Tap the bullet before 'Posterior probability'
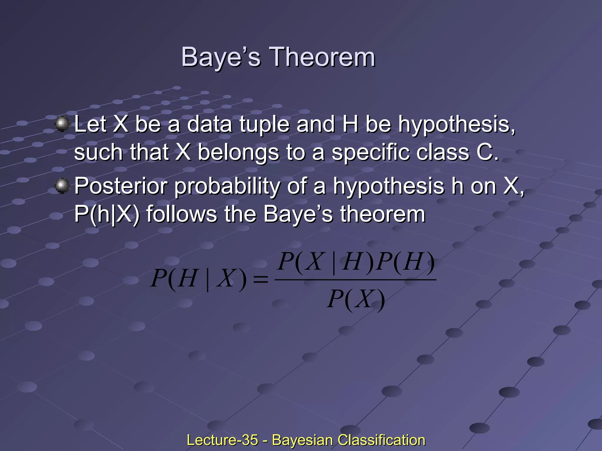tap(62, 186)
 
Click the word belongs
tap(238, 153)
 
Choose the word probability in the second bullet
tap(227, 186)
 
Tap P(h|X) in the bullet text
tap(107, 214)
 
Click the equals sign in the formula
tap(260, 279)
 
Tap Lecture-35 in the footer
tap(222, 440)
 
